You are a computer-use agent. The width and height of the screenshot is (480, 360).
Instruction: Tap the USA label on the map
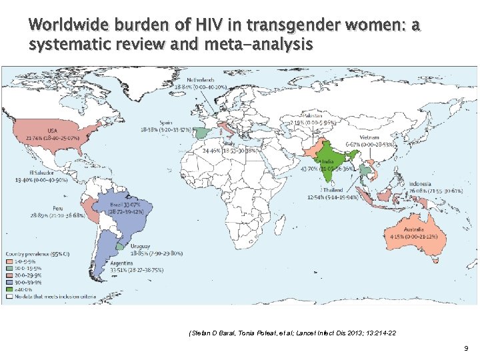pyautogui.click(x=51, y=129)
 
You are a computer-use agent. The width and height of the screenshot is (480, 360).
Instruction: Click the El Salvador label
pyautogui.click(x=31, y=172)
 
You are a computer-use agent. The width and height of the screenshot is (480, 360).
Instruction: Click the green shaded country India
pyautogui.click(x=326, y=160)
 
